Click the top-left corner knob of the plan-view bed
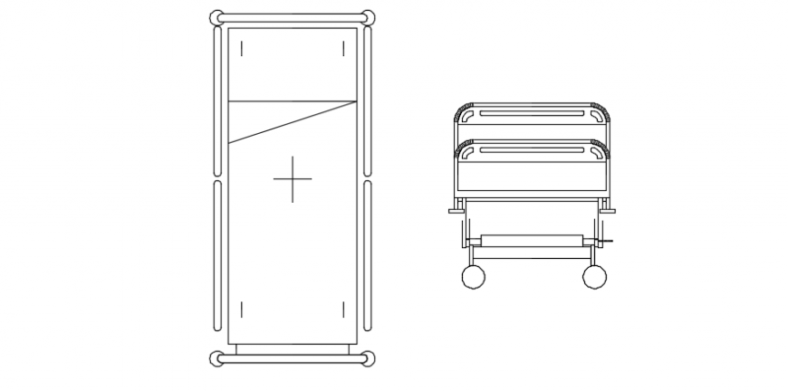click(x=216, y=17)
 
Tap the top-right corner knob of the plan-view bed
click(x=368, y=17)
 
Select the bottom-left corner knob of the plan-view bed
click(x=216, y=359)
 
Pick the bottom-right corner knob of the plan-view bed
click(x=368, y=359)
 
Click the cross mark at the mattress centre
click(x=293, y=179)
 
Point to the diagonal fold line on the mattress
click(x=293, y=122)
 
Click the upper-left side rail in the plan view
click(x=217, y=100)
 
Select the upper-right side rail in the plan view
click(x=368, y=100)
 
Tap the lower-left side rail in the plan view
click(x=217, y=255)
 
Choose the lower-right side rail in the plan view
click(x=368, y=255)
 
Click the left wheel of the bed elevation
click(x=474, y=277)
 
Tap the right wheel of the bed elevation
click(x=594, y=277)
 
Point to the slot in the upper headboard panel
click(x=532, y=114)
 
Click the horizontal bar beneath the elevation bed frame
click(x=532, y=240)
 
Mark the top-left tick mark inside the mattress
click(x=242, y=48)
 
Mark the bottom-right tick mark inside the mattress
click(x=343, y=310)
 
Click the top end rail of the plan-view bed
click(x=293, y=16)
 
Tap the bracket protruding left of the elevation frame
click(x=456, y=211)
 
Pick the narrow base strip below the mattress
click(x=293, y=348)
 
